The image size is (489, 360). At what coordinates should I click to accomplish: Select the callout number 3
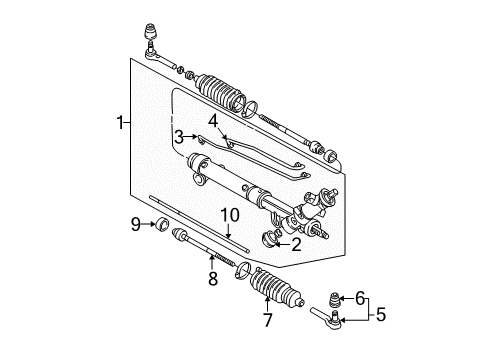pyautogui.click(x=176, y=136)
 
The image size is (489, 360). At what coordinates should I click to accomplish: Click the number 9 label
pyautogui.click(x=136, y=224)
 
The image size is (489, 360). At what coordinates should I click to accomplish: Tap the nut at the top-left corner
pyautogui.click(x=153, y=26)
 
